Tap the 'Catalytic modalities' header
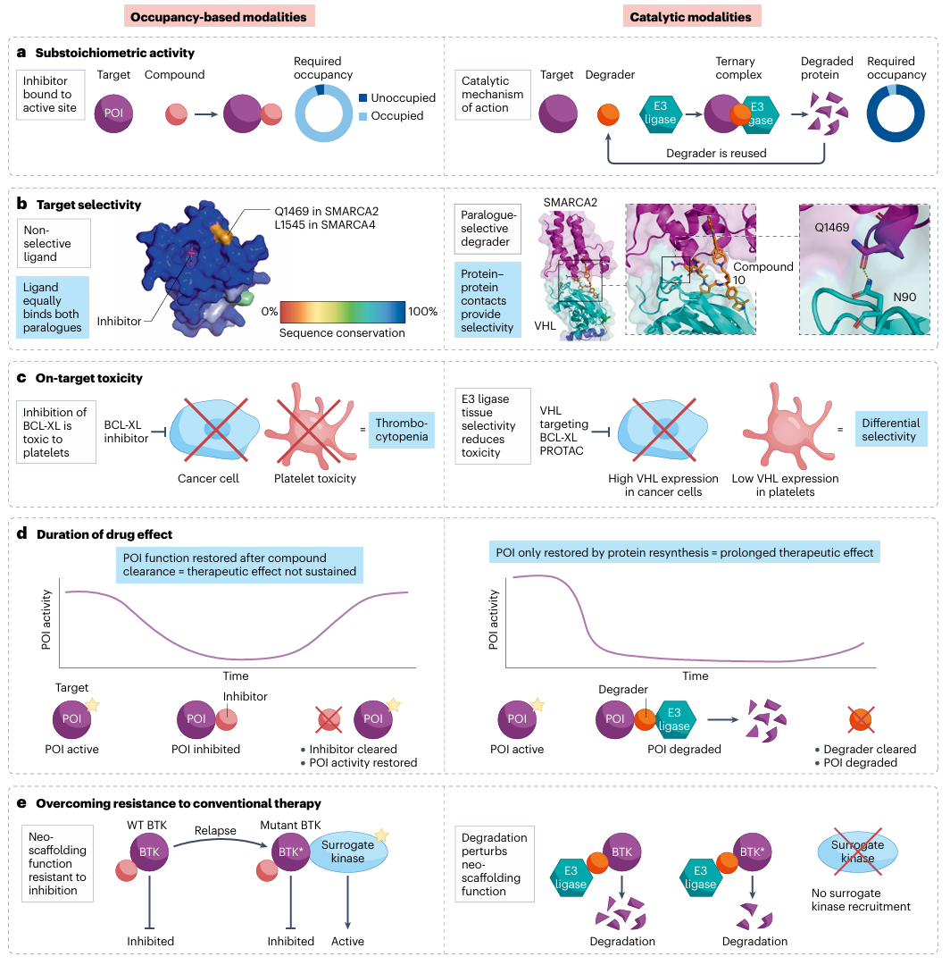pos(690,17)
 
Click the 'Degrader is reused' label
pos(716,153)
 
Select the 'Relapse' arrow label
pos(215,830)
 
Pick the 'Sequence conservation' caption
pos(344,333)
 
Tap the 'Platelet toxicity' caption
pos(314,478)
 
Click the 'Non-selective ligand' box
pos(53,243)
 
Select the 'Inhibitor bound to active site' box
pos(53,95)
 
